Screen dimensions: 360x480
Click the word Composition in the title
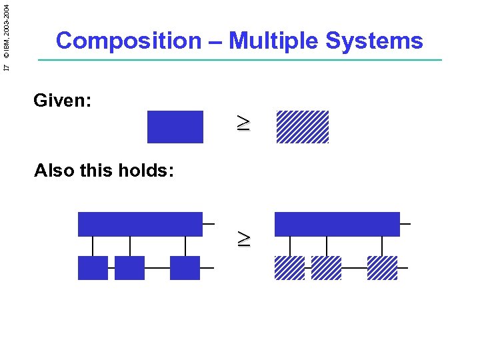(x=128, y=41)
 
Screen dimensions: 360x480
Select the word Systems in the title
(x=374, y=41)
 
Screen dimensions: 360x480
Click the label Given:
(x=63, y=101)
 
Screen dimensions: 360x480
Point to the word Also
(x=55, y=171)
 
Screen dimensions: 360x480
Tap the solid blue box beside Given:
(x=175, y=127)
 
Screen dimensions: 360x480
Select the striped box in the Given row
(x=303, y=127)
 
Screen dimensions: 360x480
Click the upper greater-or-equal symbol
(x=244, y=123)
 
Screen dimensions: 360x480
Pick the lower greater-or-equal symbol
(x=244, y=238)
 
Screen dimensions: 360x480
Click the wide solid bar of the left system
(x=140, y=224)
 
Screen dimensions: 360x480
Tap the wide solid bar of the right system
(x=337, y=224)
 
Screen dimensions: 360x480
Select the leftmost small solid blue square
(x=93, y=267)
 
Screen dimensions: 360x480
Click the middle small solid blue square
(x=129, y=267)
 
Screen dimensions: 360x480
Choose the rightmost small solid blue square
(x=185, y=267)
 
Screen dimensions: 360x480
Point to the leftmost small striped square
(x=289, y=267)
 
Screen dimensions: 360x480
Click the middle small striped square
(x=326, y=267)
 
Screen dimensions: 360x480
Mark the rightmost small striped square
(x=382, y=267)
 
